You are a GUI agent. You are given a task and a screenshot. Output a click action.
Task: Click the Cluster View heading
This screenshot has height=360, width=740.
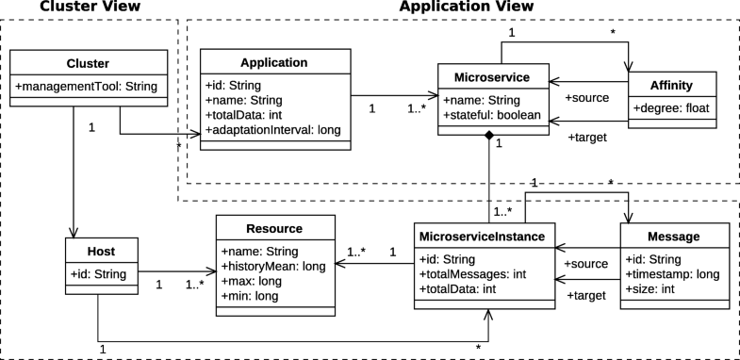pos(77,8)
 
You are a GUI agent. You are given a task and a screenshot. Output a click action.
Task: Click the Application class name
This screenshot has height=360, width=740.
pos(273,63)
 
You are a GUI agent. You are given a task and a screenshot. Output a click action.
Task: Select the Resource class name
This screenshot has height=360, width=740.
pos(274,229)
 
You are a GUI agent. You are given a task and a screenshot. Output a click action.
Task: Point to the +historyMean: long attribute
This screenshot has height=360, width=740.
pos(273,267)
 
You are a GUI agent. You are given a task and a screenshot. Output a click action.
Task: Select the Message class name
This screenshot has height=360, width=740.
pos(674,235)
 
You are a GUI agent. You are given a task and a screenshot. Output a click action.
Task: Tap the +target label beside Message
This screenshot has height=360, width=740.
pos(584,296)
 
